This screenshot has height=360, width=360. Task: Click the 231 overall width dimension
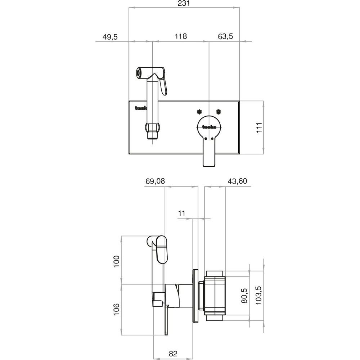coord(184,4)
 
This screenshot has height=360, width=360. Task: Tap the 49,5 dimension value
coord(110,37)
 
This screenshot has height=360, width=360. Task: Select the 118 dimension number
coord(181,36)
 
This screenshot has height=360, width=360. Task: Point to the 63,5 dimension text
coord(225,36)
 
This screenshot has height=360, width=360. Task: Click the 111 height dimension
coord(259,127)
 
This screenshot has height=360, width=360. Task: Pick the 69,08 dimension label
coord(155,181)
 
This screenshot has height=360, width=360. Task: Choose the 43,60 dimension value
coord(237,181)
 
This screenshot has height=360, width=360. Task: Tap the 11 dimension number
coord(181,213)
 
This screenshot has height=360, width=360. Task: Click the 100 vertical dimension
coord(117,261)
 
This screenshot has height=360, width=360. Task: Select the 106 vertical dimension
coord(117,309)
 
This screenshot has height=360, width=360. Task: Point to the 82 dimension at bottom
coord(173,354)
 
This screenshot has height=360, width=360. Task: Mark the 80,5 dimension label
coord(244,296)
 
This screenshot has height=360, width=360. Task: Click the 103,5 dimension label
coord(259,295)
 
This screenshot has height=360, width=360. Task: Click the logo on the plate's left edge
coord(140,108)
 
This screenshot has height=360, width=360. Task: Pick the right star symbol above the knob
coord(219,112)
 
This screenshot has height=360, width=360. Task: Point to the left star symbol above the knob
coord(200,112)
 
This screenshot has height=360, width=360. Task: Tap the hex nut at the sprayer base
coord(153,128)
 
